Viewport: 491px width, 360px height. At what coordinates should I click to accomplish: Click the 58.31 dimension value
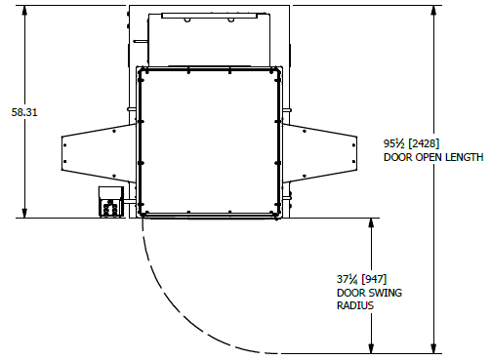(x=24, y=112)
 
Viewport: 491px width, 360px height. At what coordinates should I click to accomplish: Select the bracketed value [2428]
(x=424, y=143)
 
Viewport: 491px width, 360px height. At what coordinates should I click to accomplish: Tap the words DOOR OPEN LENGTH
(x=433, y=157)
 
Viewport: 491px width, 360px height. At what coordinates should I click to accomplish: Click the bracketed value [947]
(x=374, y=279)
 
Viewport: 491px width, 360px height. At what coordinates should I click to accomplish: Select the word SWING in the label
(x=387, y=293)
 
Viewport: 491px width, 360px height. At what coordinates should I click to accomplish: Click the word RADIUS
(x=355, y=305)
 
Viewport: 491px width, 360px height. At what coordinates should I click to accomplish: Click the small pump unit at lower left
(x=111, y=201)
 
